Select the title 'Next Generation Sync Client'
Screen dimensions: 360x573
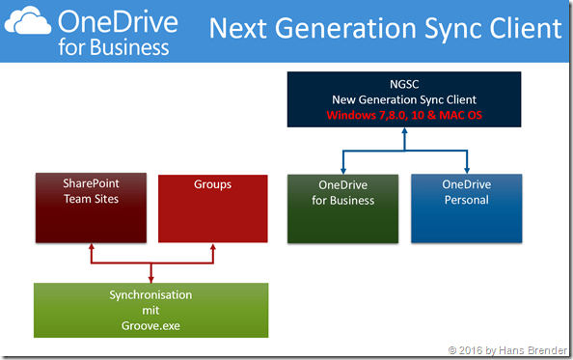(x=385, y=29)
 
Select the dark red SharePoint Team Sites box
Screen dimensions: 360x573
(x=91, y=208)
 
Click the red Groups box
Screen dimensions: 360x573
(x=211, y=208)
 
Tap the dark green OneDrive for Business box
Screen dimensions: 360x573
(x=343, y=208)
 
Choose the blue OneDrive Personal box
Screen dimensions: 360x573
(x=467, y=208)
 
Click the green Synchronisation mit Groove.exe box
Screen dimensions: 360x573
(x=150, y=310)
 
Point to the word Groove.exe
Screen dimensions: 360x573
(x=150, y=326)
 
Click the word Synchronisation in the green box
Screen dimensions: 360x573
(x=150, y=294)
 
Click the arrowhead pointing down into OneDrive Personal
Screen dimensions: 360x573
(x=467, y=168)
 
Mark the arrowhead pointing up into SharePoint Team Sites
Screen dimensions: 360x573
(x=91, y=247)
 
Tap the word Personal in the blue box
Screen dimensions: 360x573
(x=467, y=200)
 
